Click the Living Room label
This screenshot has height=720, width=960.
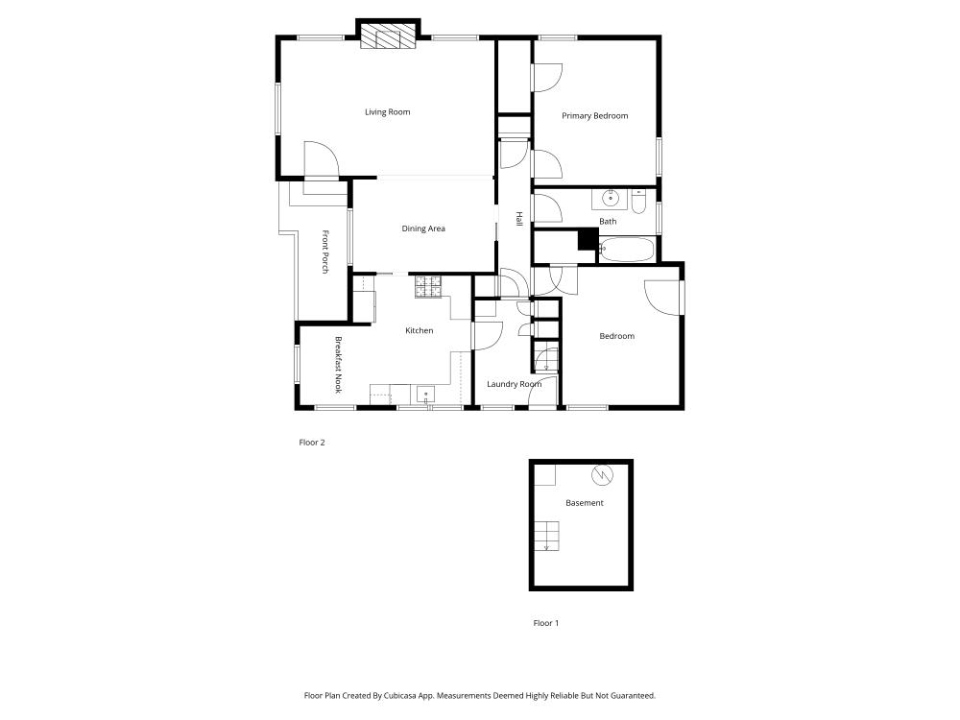click(388, 112)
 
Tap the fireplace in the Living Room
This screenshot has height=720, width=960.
click(388, 36)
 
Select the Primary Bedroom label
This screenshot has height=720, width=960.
click(595, 116)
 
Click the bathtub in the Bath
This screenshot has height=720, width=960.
click(627, 250)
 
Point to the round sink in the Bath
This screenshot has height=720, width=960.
click(610, 199)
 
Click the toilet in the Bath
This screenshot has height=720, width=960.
click(638, 202)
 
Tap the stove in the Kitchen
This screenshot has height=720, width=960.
click(428, 286)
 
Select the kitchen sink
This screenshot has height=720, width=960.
click(425, 394)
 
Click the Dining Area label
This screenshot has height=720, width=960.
click(423, 228)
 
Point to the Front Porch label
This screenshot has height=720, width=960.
click(325, 252)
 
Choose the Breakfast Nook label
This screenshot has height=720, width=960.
click(338, 365)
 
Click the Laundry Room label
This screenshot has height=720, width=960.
click(515, 384)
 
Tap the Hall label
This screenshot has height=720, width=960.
click(519, 219)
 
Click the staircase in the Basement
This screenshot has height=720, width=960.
click(547, 537)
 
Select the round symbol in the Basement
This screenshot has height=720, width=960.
click(601, 474)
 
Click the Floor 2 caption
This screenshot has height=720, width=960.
click(312, 442)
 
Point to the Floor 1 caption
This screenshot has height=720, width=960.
click(546, 623)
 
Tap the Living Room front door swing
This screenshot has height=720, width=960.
click(322, 159)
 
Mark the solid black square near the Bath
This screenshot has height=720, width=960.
click(588, 239)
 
